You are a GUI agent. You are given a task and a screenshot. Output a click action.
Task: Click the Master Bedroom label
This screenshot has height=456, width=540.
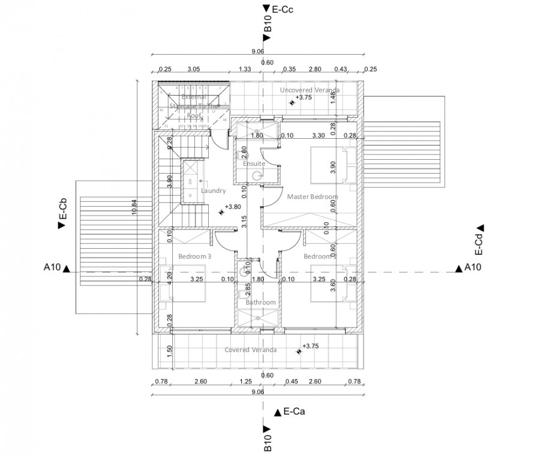[312, 196]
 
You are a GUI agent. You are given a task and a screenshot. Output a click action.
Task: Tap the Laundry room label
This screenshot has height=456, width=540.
[213, 191]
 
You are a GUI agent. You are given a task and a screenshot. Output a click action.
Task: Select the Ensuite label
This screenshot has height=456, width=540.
[254, 163]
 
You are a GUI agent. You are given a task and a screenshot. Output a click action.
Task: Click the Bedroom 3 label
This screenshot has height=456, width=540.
[195, 257]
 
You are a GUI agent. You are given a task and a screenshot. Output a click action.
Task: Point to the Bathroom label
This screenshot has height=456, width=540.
[260, 302]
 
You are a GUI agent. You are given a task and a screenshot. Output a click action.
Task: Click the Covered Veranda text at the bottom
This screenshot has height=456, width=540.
[250, 350]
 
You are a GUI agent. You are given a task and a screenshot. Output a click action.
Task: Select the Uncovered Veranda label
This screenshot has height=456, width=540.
[310, 90]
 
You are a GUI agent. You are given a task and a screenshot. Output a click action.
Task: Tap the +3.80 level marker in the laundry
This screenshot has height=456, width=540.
[229, 208]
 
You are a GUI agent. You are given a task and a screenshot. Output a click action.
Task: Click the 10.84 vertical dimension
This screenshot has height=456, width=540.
[134, 207]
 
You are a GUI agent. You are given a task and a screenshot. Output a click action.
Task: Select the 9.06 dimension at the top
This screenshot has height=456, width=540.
[258, 51]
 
